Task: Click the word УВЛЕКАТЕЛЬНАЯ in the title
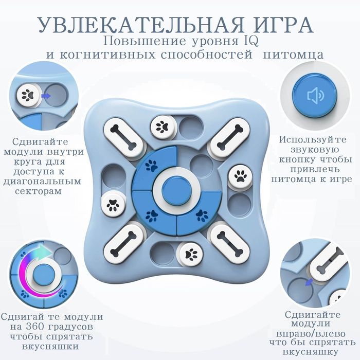[129, 24]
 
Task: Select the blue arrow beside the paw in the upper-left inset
[45, 96]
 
